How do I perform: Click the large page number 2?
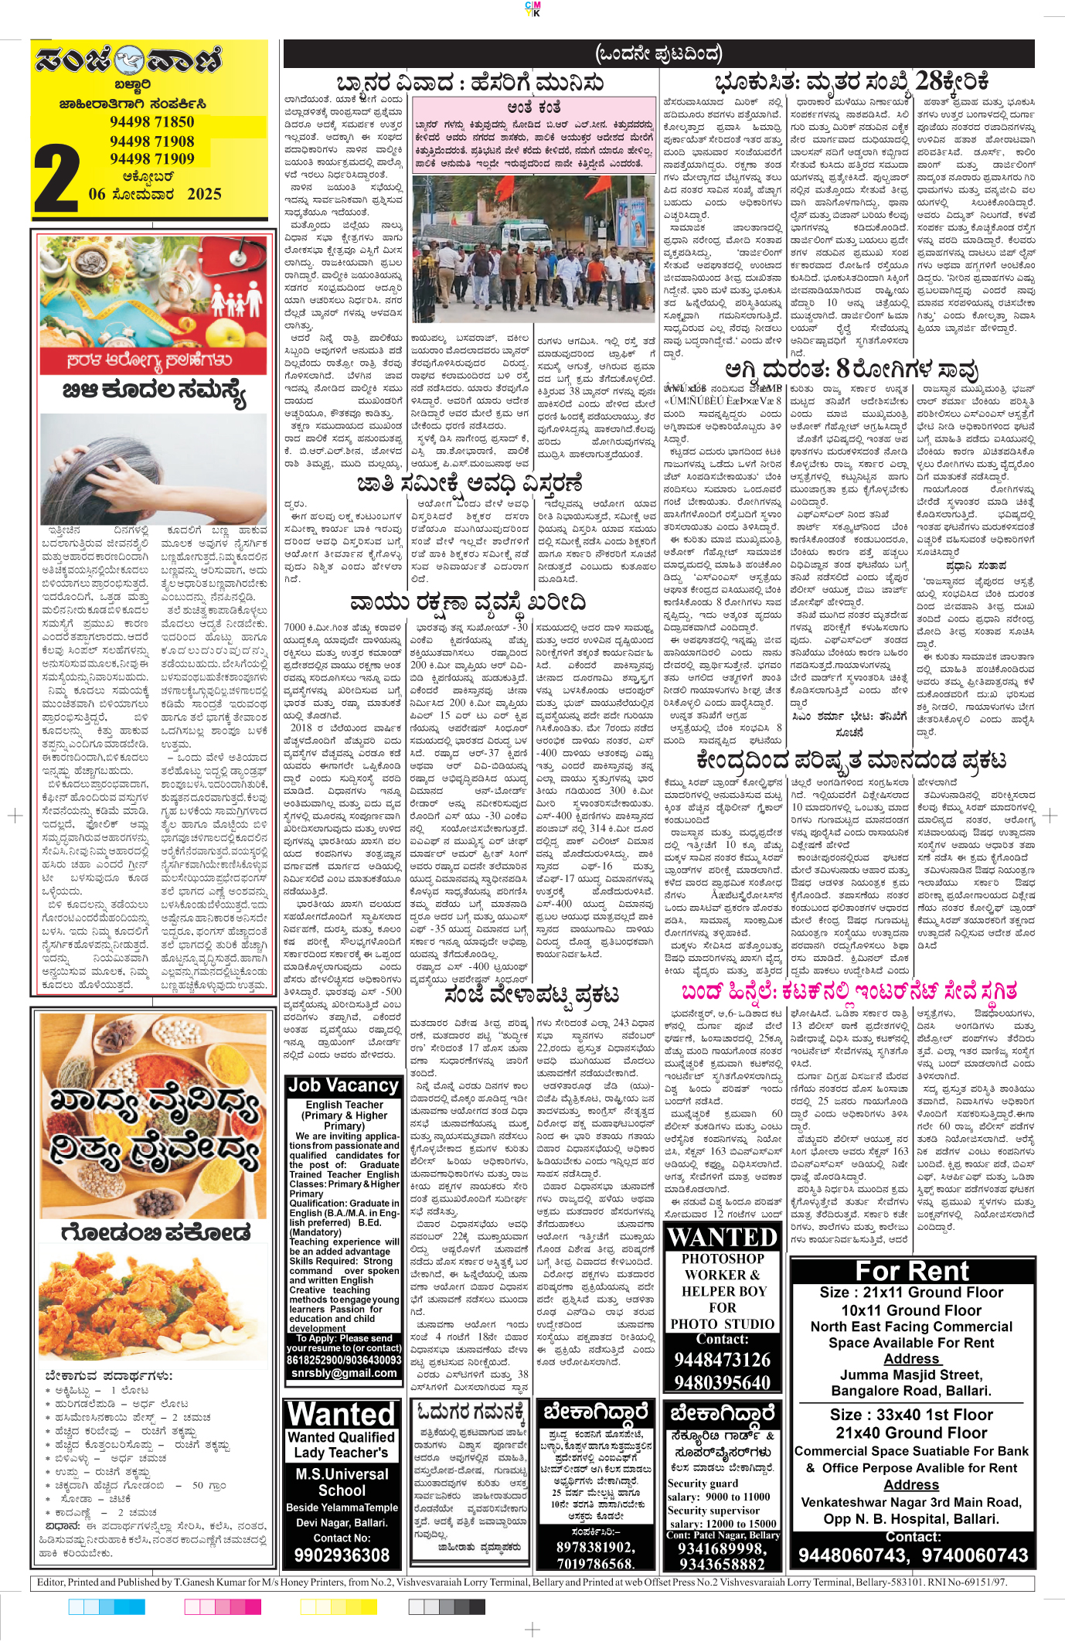56,176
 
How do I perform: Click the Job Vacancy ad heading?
343,1085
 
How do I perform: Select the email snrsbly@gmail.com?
344,1373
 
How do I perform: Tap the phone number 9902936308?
342,1555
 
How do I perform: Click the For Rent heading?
911,1271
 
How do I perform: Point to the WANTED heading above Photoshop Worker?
722,1238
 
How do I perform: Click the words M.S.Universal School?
342,1482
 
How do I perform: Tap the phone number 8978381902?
594,1547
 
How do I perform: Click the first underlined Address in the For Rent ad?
911,1358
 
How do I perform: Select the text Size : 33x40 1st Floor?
911,1415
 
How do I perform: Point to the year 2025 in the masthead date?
204,194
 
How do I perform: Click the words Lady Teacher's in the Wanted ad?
342,1453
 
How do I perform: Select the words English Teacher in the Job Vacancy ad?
344,1105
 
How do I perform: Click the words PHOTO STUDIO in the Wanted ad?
722,1324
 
